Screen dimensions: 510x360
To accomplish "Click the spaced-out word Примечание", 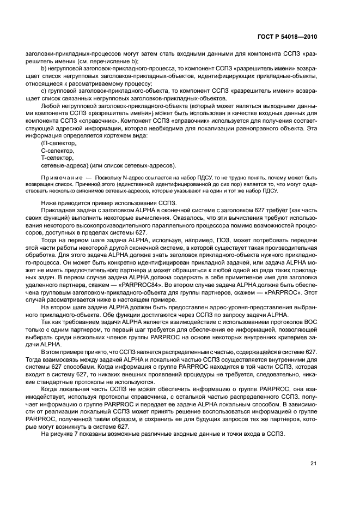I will tap(59, 177).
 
